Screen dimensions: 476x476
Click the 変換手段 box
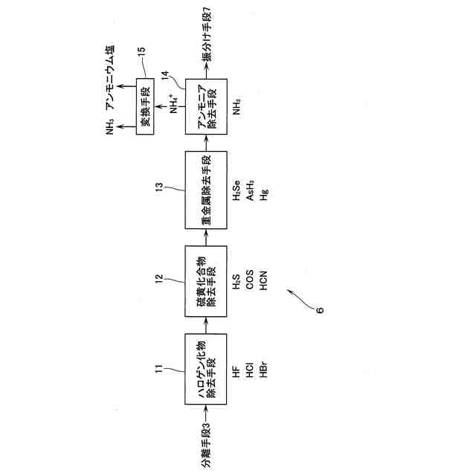tap(148, 104)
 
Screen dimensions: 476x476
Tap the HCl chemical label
tap(250, 371)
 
